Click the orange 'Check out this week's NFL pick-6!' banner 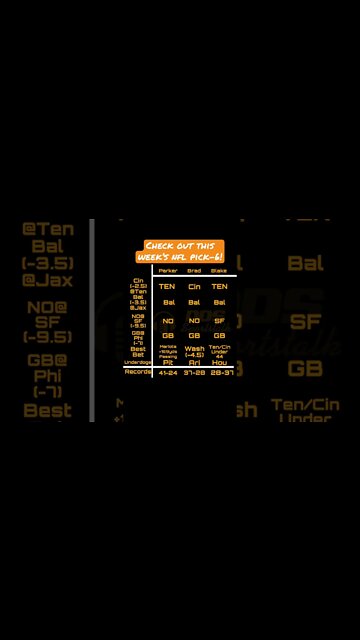coord(180,251)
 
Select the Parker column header coord(167,270)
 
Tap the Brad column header coord(193,270)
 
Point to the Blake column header coord(219,270)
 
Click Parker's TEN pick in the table coord(167,286)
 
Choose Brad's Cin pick coord(193,286)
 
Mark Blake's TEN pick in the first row coord(219,286)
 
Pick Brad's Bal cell coord(193,302)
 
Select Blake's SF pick coord(219,320)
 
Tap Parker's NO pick coord(167,320)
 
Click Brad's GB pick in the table coord(193,335)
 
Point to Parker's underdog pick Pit coord(167,362)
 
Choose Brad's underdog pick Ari coord(193,362)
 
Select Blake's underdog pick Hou coord(219,362)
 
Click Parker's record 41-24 coord(167,372)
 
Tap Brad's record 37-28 coord(193,372)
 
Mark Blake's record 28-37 coord(220,372)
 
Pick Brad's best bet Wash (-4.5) coord(193,351)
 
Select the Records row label coord(138,371)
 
